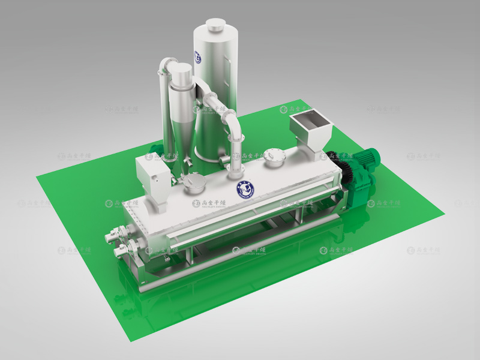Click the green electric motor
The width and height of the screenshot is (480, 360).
pyautogui.click(x=364, y=162)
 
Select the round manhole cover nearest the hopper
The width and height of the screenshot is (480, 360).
pyautogui.click(x=275, y=157)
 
